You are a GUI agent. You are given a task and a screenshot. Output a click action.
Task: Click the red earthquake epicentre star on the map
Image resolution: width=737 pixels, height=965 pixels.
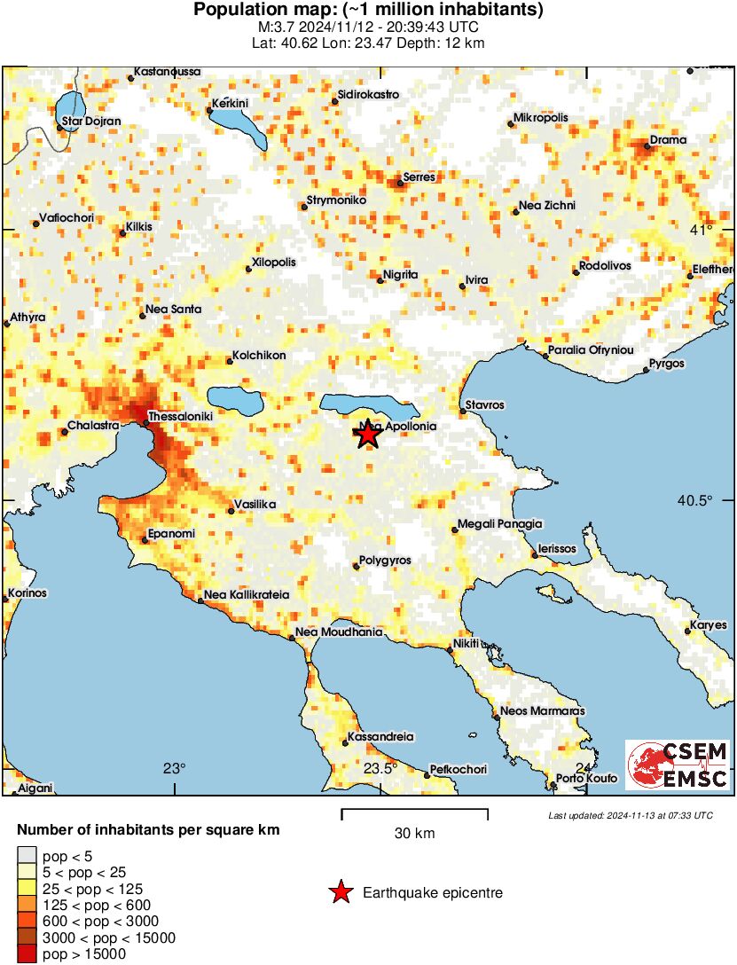[x=367, y=434]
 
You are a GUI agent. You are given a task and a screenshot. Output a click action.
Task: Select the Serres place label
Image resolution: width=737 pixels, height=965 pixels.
[x=419, y=177]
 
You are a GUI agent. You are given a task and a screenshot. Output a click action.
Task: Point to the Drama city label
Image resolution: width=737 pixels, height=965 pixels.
[x=668, y=140]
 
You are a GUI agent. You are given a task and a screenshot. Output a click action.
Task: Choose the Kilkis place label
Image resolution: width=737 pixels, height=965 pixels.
[x=140, y=227]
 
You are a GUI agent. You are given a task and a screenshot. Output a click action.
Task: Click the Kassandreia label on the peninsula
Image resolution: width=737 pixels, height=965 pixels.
[x=382, y=737]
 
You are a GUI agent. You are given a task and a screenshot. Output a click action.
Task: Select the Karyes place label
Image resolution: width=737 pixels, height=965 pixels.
[x=709, y=625]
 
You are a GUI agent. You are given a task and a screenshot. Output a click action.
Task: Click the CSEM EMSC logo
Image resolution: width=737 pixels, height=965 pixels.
[x=678, y=765]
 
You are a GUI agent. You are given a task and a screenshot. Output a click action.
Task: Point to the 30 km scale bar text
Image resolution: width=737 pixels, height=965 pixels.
[x=414, y=833]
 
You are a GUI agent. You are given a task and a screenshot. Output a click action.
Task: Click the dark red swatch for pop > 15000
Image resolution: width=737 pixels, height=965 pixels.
[x=27, y=954]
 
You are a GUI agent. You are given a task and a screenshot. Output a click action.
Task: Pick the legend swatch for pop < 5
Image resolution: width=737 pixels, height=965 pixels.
[x=27, y=856]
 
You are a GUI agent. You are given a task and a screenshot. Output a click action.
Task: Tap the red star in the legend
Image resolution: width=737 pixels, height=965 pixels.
[x=341, y=892]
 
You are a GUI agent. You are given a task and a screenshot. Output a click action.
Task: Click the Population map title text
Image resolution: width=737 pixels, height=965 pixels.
[x=368, y=11]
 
